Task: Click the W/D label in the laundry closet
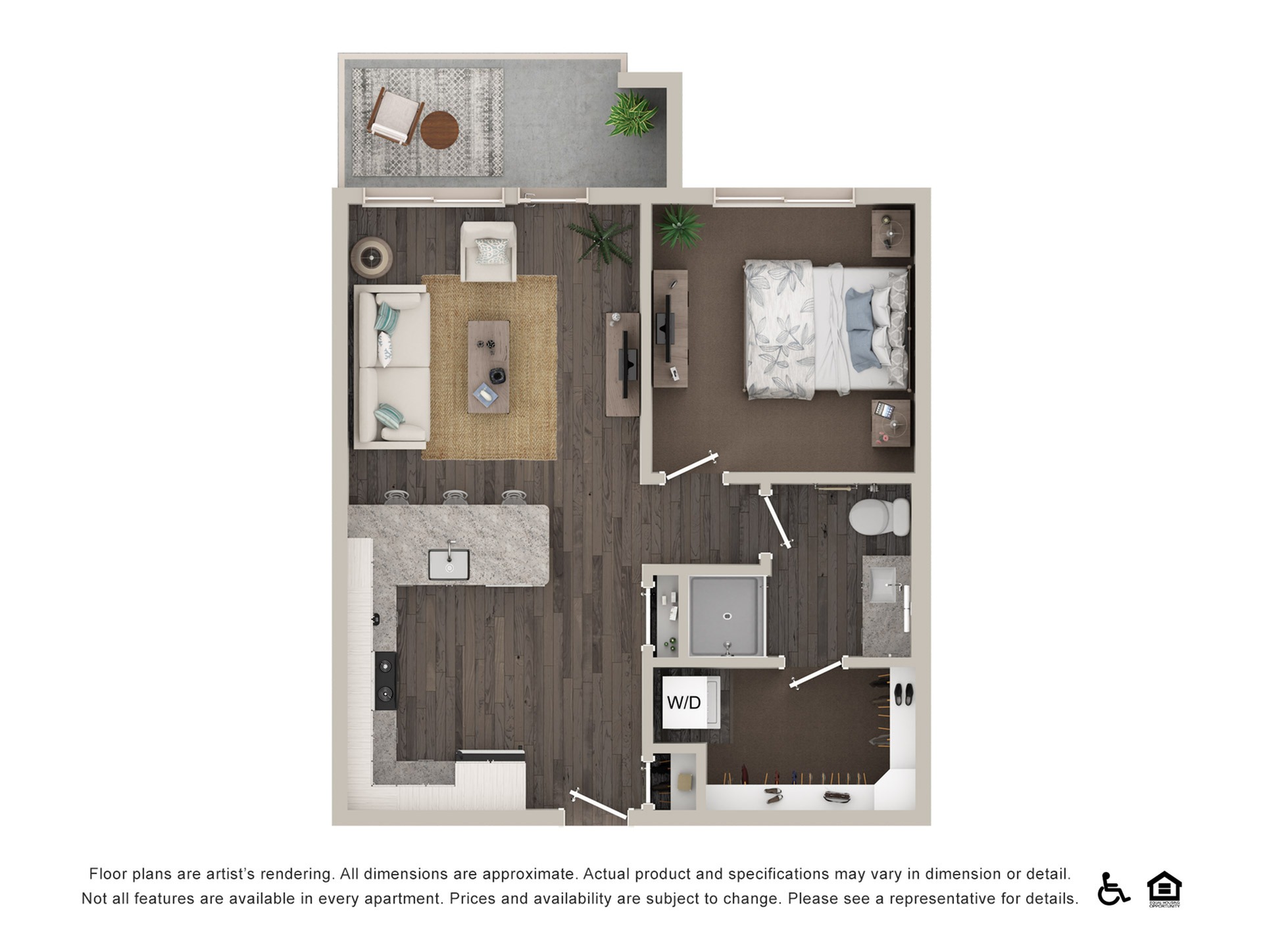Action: (x=684, y=702)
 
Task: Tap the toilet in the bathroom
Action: (x=878, y=516)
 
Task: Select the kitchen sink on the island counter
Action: (x=449, y=564)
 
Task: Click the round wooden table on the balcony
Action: (x=439, y=130)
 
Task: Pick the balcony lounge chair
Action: (x=395, y=116)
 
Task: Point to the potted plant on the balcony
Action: (x=631, y=114)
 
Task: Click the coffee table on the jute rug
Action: (x=488, y=366)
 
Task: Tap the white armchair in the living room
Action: (x=488, y=252)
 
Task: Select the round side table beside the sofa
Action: (x=372, y=257)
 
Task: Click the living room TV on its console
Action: (x=630, y=364)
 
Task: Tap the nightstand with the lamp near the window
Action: (x=891, y=233)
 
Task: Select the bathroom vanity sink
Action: (x=883, y=585)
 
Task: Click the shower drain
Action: (x=728, y=616)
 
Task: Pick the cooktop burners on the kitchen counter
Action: (x=385, y=681)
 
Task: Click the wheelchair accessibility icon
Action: (x=1112, y=888)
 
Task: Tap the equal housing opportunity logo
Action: (x=1164, y=888)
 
